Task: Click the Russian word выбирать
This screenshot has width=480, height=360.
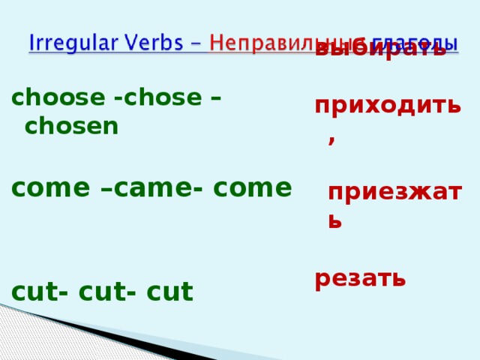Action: tap(380, 51)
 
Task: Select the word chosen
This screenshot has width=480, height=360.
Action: tap(71, 126)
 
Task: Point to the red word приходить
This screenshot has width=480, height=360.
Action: tap(388, 106)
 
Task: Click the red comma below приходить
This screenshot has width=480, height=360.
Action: tap(331, 140)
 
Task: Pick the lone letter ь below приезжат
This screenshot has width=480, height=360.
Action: tap(335, 220)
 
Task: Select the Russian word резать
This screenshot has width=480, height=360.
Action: tap(360, 278)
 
